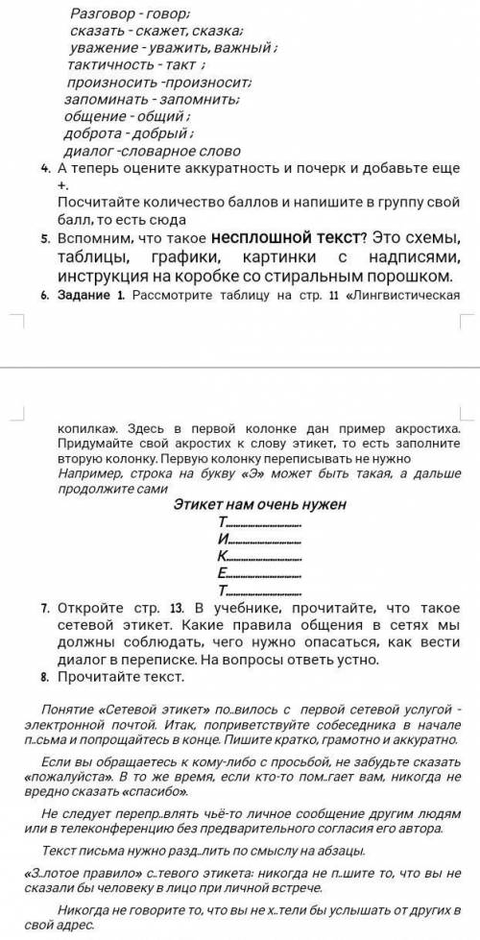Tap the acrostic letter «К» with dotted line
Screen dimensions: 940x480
click(x=223, y=556)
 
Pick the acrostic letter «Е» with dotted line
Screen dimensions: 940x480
click(x=223, y=573)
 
